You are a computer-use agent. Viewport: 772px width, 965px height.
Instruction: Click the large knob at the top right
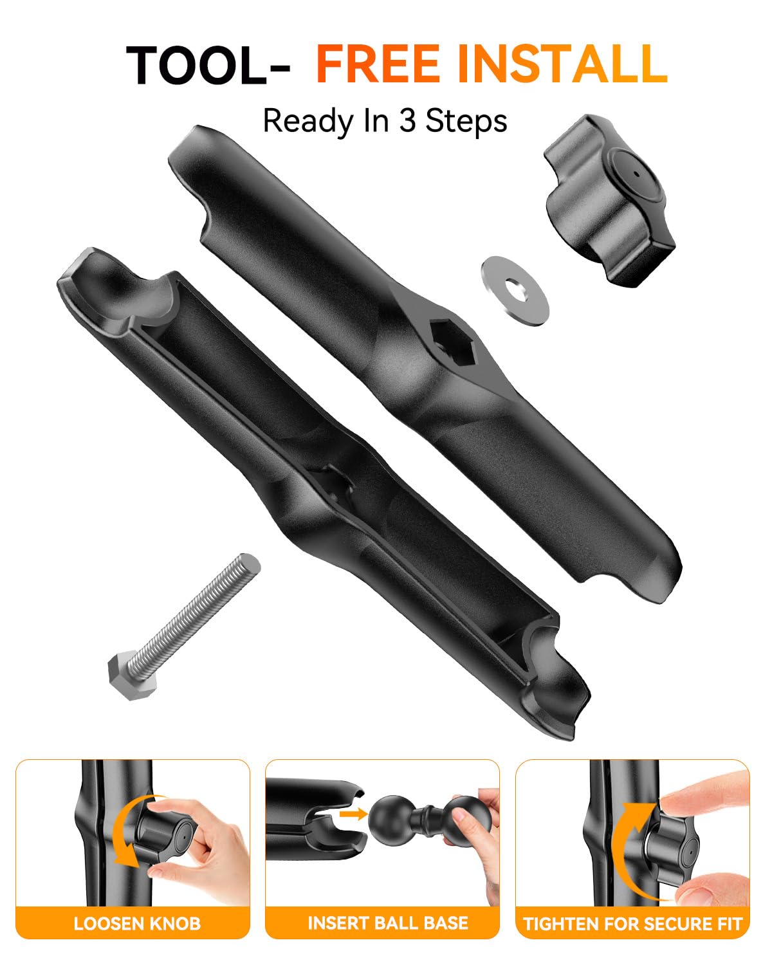(x=609, y=200)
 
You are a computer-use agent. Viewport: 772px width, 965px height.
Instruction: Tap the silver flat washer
(x=515, y=290)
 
